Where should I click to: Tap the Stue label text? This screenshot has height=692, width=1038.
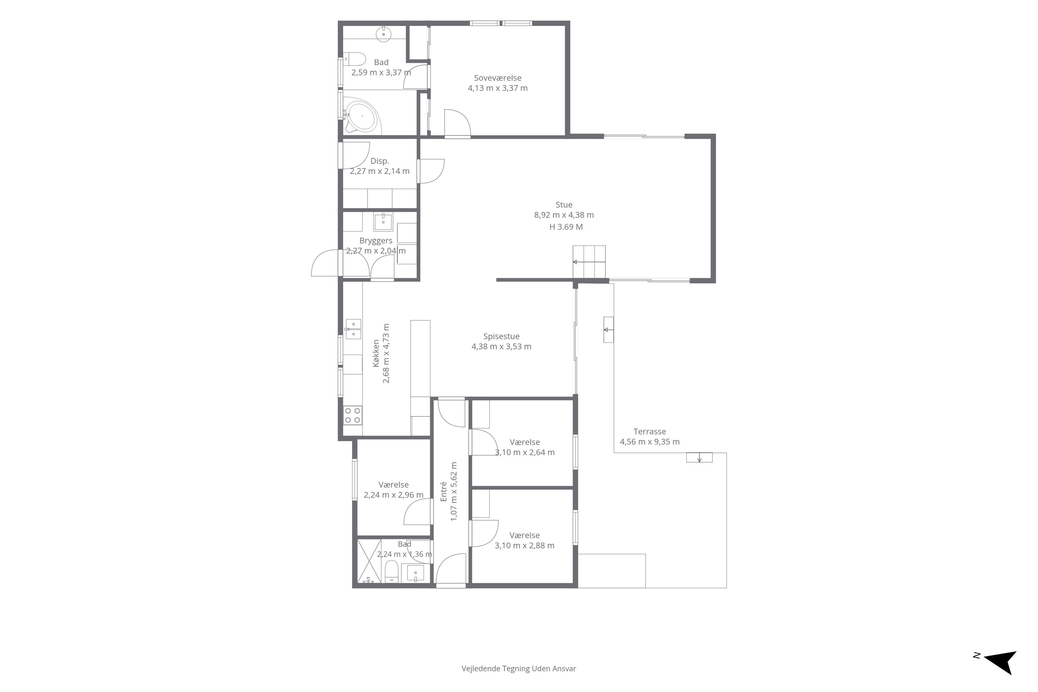click(x=564, y=205)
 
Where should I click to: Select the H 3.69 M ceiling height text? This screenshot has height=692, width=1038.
click(x=566, y=227)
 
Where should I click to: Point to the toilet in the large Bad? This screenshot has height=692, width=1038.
click(x=355, y=59)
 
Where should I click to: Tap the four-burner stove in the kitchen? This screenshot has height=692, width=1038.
click(x=353, y=415)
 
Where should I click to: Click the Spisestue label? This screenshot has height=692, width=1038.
click(x=501, y=336)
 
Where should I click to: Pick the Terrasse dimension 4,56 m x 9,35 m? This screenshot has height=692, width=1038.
click(x=650, y=442)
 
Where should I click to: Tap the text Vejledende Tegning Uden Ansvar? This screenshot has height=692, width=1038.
click(x=519, y=668)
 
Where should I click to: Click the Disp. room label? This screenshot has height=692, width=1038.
click(x=380, y=161)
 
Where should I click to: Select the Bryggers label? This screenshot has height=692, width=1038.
click(x=375, y=240)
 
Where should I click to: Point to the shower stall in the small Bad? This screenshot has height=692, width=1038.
click(x=369, y=561)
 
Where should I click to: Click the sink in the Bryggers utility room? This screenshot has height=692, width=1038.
click(x=383, y=222)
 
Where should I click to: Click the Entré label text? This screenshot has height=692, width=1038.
click(x=444, y=491)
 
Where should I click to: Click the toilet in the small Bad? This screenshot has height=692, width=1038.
click(x=391, y=571)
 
